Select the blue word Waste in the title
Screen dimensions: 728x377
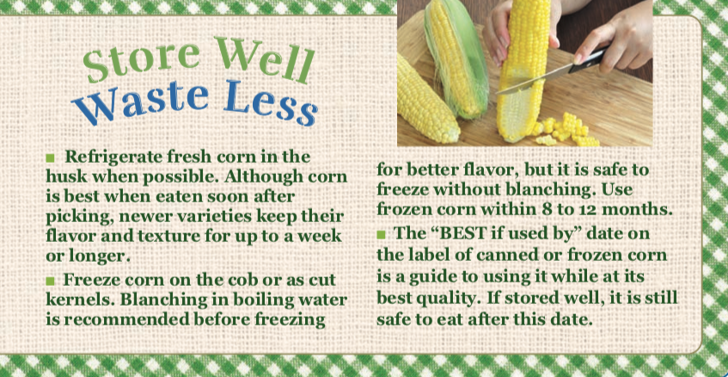(140, 102)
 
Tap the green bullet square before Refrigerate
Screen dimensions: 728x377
(50, 158)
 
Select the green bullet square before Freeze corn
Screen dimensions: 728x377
(50, 281)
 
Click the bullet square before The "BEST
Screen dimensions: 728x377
(381, 234)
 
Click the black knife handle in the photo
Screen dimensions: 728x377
(587, 61)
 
